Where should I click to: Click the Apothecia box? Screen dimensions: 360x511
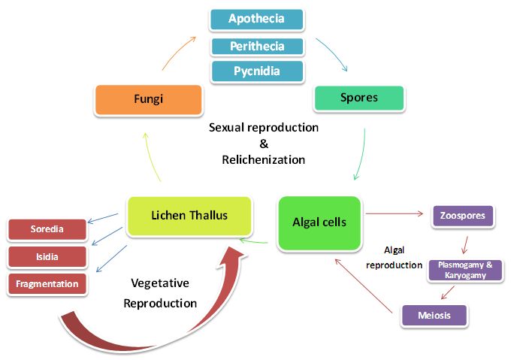pos(256,19)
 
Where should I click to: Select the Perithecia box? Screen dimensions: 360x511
pos(256,46)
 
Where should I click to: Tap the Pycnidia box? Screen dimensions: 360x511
pos(256,71)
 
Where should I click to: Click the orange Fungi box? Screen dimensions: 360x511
pos(148,99)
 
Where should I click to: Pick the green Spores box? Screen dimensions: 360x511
pos(358,98)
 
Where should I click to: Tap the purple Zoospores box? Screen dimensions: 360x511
pos(462,216)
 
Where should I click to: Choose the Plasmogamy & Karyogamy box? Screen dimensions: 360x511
pos(465,270)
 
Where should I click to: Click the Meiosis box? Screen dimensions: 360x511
pos(435,315)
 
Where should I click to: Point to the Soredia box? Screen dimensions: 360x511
pos(47,229)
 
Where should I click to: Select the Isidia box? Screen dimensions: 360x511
pos(47,256)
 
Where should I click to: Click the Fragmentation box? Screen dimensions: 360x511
pos(47,283)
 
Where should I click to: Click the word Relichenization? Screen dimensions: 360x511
pos(263,159)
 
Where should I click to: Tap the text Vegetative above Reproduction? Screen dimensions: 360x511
pos(160,283)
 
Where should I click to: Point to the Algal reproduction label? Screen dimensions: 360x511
pos(395,257)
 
